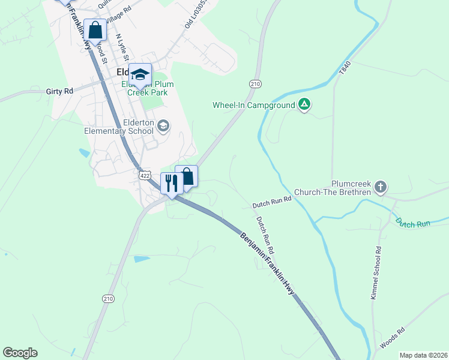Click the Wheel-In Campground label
tap(253, 105)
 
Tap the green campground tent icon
tap(304, 105)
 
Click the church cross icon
tap(380, 188)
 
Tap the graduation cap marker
tap(140, 75)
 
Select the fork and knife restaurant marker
tap(172, 183)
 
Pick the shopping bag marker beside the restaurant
tap(187, 176)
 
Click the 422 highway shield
tap(143, 175)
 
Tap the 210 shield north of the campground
tap(255, 84)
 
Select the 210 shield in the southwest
tap(108, 299)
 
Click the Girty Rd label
tap(59, 91)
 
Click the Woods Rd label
tap(393, 338)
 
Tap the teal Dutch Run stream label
tap(413, 223)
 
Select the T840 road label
tap(343, 67)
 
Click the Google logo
tap(20, 353)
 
